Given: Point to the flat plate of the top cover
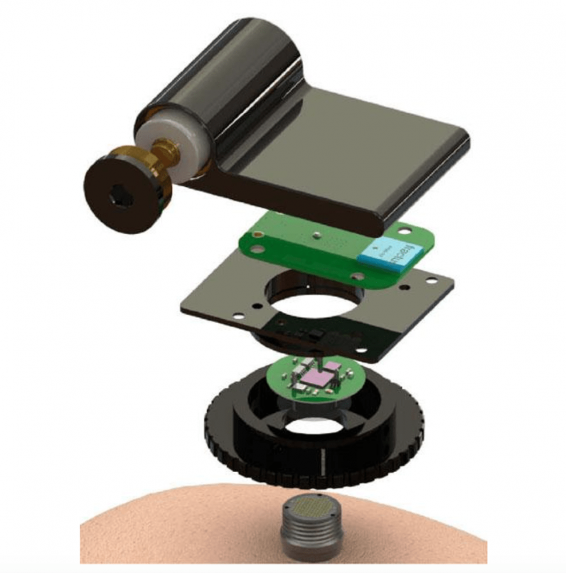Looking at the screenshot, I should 356,164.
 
